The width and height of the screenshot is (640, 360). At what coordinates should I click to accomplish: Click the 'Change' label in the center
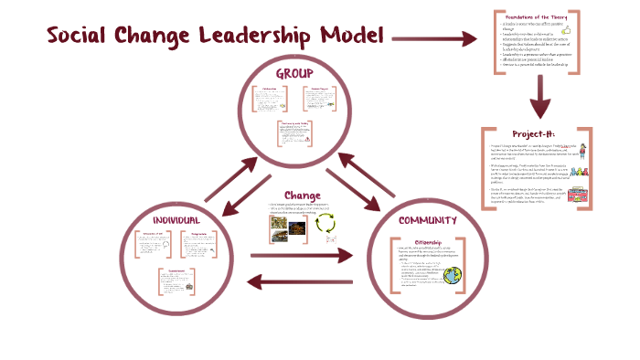pyautogui.click(x=301, y=195)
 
